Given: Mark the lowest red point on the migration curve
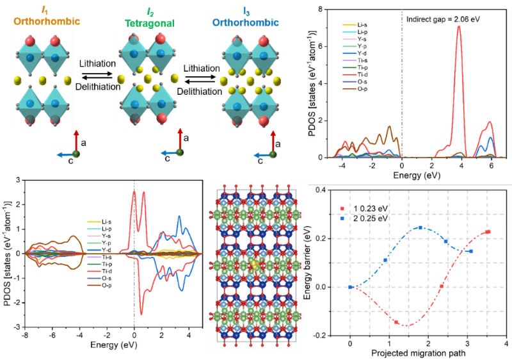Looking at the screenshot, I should pyautogui.click(x=396, y=322).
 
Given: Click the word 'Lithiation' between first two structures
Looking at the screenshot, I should pyautogui.click(x=97, y=64).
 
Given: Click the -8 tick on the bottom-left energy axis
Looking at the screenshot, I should pyautogui.click(x=24, y=334).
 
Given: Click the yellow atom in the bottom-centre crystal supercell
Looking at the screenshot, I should pyautogui.click(x=256, y=264).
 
